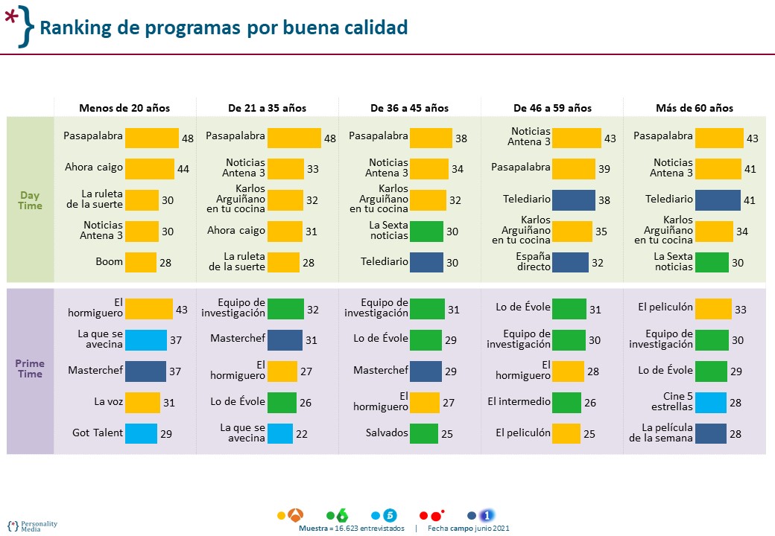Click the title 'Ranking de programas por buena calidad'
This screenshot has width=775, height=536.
pos(224,28)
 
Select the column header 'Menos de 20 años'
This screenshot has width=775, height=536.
pos(124,108)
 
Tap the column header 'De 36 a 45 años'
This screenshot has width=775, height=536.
pos(409,108)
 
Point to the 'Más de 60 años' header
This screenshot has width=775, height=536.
pos(694,108)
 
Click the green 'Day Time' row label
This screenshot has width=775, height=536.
pos(31,200)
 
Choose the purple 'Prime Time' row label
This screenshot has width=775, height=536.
pos(31,368)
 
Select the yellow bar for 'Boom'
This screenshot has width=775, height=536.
pos(141,263)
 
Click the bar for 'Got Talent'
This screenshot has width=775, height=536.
pos(142,433)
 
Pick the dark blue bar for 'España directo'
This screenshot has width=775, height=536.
pos(571,263)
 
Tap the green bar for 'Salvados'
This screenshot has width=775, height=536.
pos(424,433)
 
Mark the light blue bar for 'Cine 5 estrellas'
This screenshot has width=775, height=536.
pos(710,402)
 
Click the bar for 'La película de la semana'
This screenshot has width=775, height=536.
pos(710,433)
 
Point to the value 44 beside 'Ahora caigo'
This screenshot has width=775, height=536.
pos(183,169)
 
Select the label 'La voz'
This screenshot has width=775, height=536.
pos(108,402)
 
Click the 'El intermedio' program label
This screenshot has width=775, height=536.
pos(519,402)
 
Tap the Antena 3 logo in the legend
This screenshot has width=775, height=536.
pos(297,514)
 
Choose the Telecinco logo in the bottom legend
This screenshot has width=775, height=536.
pos(390,514)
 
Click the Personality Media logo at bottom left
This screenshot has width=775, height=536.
pos(33,525)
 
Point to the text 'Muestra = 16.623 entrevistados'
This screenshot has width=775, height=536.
pos(351,528)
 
